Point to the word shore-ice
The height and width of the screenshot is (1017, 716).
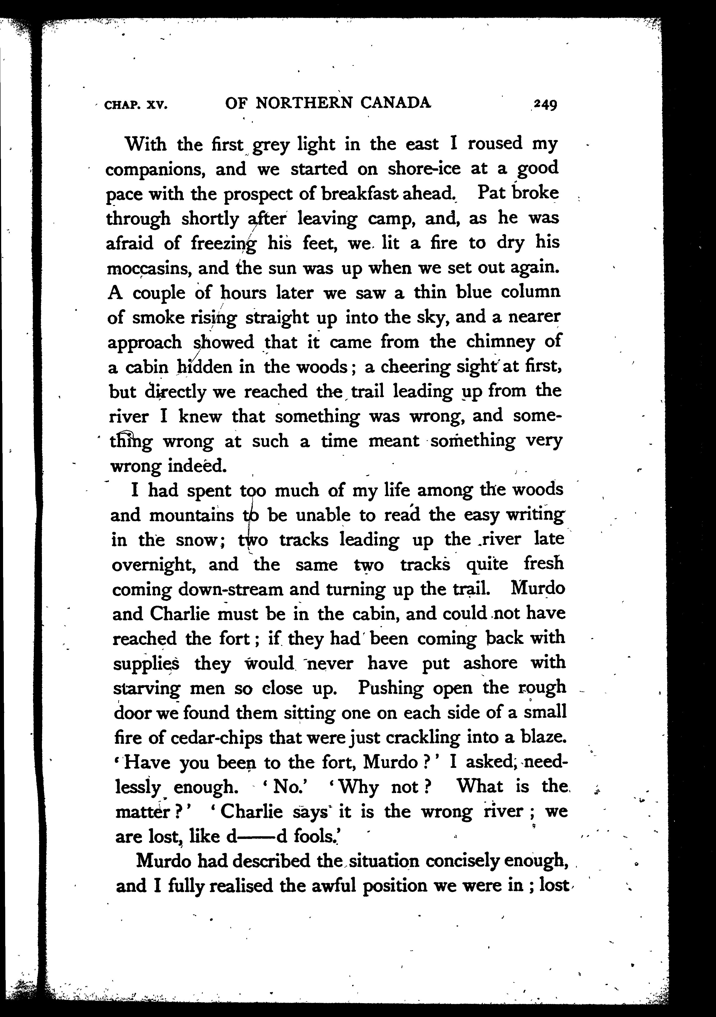click(x=424, y=169)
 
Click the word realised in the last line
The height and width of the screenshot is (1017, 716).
click(x=244, y=886)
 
